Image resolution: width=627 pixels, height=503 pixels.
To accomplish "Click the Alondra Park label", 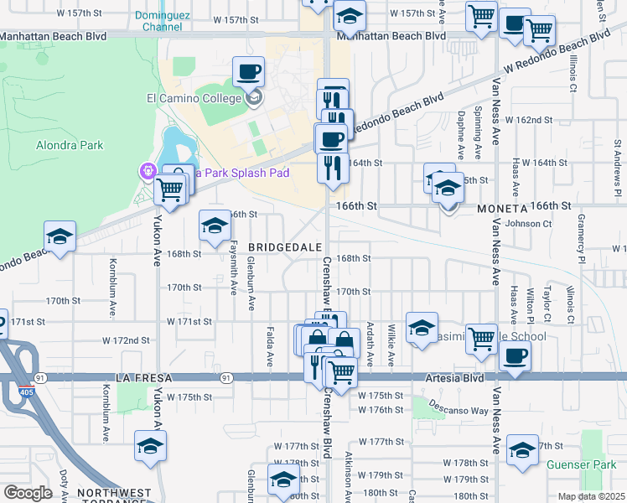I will click(70, 145).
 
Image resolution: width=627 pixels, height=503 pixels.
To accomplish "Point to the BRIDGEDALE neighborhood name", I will click(285, 248).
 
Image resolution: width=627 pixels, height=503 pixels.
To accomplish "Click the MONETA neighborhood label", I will click(500, 207).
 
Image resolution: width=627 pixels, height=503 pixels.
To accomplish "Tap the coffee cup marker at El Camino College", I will click(248, 72).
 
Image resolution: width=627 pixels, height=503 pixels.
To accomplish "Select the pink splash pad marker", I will click(148, 171).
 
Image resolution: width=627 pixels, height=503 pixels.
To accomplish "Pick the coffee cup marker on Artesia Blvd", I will click(514, 355).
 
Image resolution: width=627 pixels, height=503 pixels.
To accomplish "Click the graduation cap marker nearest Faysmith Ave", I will click(214, 225).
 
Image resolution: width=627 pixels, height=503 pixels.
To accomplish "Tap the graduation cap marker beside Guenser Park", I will click(522, 450).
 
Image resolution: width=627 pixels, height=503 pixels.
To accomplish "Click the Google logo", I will click(28, 493).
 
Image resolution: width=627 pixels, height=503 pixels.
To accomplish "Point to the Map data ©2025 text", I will click(591, 496).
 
